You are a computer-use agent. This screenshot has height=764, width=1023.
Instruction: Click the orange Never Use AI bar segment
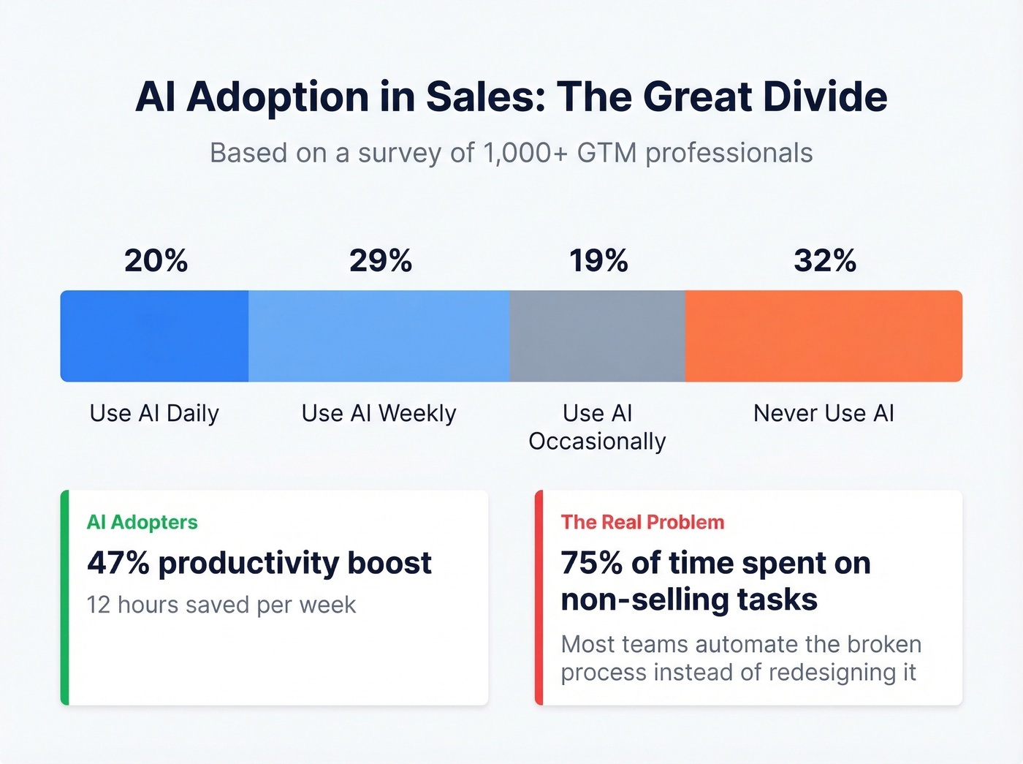click(824, 336)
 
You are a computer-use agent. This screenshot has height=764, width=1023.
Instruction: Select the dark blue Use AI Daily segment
click(154, 336)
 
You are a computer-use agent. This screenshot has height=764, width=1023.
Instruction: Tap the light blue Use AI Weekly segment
click(379, 336)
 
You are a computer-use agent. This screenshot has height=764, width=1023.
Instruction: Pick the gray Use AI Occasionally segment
click(597, 336)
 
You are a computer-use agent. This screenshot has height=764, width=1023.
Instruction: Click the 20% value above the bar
click(156, 261)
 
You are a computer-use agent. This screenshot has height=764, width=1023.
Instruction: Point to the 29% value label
click(380, 261)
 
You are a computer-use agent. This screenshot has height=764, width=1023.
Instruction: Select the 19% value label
click(598, 261)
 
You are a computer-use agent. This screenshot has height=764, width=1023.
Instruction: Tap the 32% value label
click(825, 261)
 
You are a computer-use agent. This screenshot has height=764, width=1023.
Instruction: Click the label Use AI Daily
click(154, 414)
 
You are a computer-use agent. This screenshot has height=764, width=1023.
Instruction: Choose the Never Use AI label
click(824, 414)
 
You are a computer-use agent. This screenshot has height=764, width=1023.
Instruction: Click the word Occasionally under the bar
click(597, 442)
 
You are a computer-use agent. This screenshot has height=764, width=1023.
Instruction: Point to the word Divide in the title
click(825, 97)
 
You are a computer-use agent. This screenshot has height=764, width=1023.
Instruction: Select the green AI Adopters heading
click(142, 522)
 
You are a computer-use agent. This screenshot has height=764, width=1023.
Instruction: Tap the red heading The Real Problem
click(642, 522)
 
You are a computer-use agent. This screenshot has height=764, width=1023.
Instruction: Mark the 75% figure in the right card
click(591, 563)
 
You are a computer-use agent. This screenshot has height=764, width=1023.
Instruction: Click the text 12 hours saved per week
click(221, 605)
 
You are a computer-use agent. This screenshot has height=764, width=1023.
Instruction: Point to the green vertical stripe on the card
click(65, 597)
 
